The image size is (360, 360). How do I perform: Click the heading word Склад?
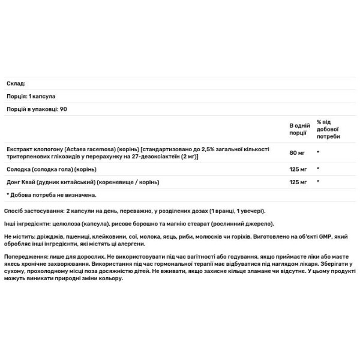click(16, 84)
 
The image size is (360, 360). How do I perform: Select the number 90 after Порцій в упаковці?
click(64, 109)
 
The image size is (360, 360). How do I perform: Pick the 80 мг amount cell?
click(296, 152)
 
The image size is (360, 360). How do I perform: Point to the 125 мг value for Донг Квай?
click(298, 181)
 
